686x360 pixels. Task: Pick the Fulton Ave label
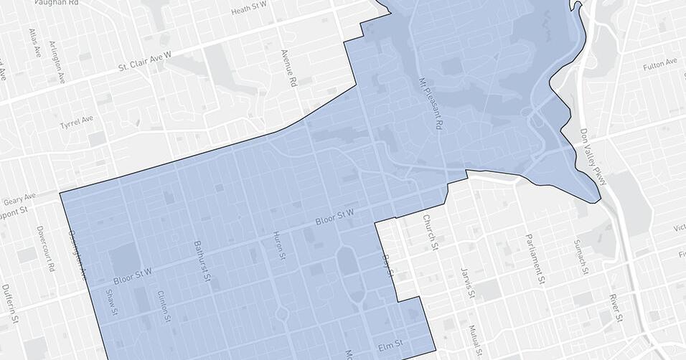point(660,65)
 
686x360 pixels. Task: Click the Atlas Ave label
point(33,43)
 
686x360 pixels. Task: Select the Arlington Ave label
point(56,60)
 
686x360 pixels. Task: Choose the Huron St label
point(280,245)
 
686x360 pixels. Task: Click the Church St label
point(429,232)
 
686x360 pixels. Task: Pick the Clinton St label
point(164,307)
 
